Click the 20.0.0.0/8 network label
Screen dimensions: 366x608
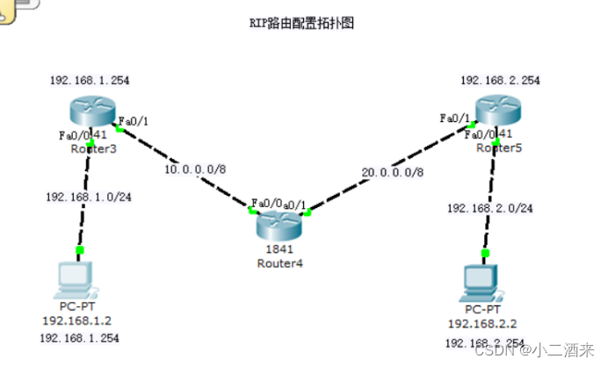(x=391, y=173)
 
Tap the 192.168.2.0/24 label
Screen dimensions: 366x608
(x=489, y=209)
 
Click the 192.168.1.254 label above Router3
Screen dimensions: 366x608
(x=89, y=81)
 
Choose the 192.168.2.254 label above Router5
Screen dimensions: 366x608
(x=499, y=81)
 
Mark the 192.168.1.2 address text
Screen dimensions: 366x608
(x=76, y=321)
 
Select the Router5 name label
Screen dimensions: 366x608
(x=498, y=148)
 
